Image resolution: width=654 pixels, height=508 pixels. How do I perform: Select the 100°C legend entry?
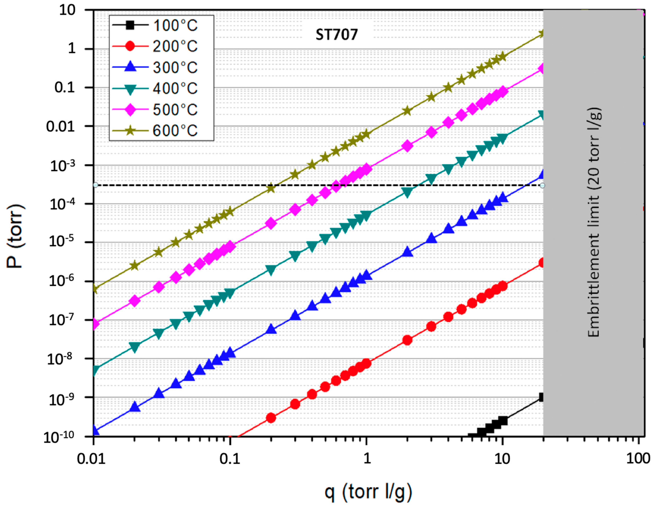tap(161, 26)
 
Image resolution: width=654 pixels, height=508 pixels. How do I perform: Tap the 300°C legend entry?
tap(161, 68)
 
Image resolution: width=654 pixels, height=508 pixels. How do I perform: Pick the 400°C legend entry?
tap(161, 89)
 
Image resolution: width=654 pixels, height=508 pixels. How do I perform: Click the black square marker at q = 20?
tap(542, 397)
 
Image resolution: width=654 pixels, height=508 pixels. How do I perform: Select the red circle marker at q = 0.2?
tap(271, 418)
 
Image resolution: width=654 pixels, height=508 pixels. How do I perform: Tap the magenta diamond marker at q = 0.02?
tap(135, 301)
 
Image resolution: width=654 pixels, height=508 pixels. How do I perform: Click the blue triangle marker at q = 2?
tap(408, 252)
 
